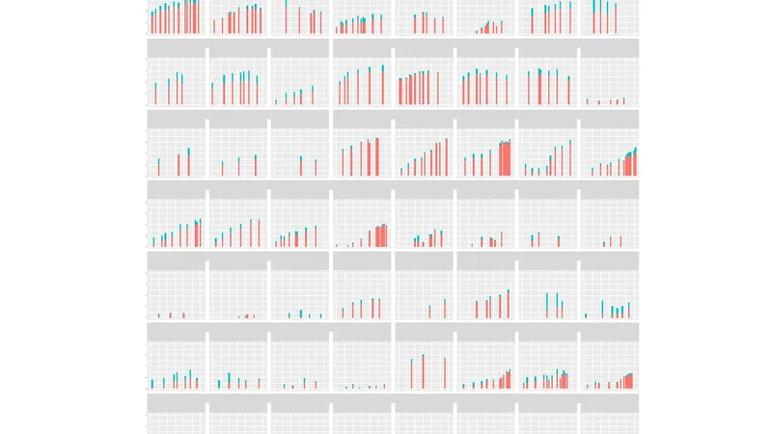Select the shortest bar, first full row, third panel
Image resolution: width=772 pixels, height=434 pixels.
coord(276,101)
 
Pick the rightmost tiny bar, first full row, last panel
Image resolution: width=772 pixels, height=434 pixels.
coord(624,100)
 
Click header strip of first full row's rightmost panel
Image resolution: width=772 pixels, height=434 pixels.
coord(608,47)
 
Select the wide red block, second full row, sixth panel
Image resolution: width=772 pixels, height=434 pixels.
coord(505,159)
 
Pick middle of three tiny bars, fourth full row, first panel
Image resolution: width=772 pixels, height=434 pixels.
coord(170,314)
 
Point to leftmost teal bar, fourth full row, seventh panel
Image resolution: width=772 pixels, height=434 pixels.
coord(546,305)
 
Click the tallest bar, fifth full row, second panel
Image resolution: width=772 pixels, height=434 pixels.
coord(229,380)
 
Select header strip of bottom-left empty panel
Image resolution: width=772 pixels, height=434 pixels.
coord(177,401)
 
